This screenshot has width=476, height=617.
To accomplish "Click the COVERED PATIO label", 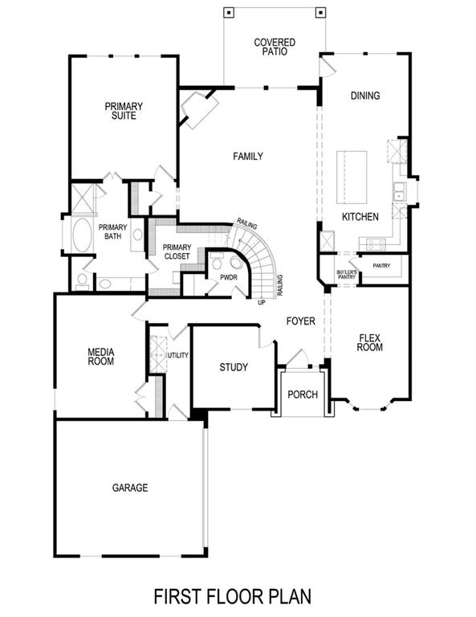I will coord(275,47).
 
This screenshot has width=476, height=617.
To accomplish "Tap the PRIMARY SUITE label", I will coord(123,111).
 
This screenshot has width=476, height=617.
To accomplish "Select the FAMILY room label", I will coord(248,157).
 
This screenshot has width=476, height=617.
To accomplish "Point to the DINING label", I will coord(365,96).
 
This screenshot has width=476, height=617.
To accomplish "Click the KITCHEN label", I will coord(360,218).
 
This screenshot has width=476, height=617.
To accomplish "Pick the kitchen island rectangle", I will coord(351,177).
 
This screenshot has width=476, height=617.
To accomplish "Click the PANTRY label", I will coord(381,265).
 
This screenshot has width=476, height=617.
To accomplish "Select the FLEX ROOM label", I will coord(370,343).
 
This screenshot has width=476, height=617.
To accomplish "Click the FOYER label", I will coord(301,321).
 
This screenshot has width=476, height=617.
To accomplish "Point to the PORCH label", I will coord(303,394).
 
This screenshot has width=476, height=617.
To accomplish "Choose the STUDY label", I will coord(234,368).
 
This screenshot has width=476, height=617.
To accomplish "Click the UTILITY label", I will coord(177,354).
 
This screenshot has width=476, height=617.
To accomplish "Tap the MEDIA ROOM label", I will coord(101,357).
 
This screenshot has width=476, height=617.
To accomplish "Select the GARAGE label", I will coord(129,488).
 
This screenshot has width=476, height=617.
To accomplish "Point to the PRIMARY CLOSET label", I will coord(176,251).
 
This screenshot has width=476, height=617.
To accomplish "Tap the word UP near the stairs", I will coord(262,303).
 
